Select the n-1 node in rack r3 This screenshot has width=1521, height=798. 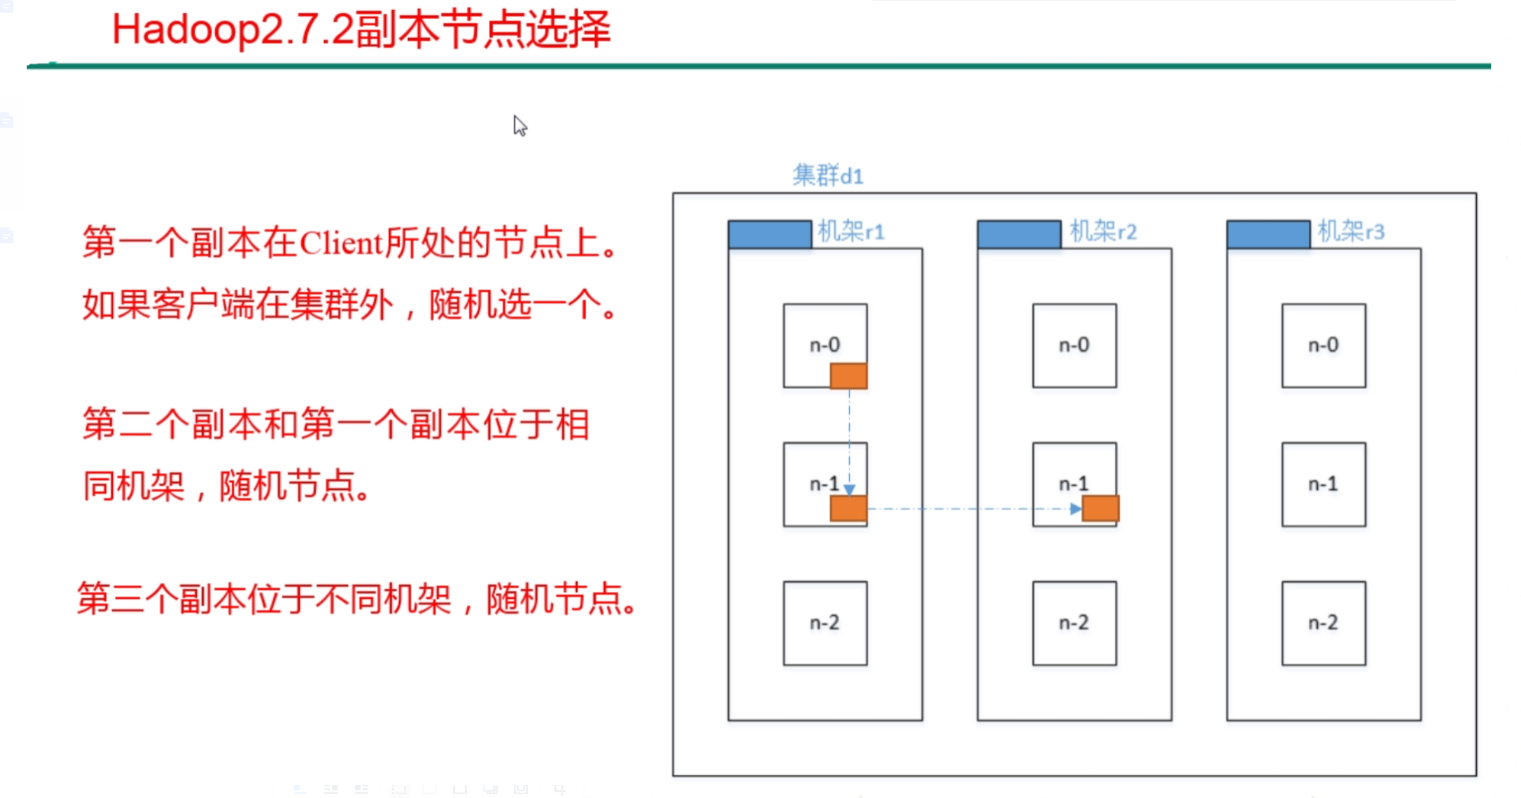(x=1323, y=484)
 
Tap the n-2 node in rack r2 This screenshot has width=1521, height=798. (x=1074, y=623)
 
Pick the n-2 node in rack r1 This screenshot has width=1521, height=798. (x=825, y=623)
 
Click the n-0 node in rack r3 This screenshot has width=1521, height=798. (x=1323, y=346)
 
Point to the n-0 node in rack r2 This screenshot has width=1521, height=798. (x=1074, y=346)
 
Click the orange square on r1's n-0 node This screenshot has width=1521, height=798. (x=848, y=376)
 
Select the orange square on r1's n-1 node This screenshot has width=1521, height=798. (x=848, y=508)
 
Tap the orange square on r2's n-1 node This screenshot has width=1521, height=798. (x=1101, y=508)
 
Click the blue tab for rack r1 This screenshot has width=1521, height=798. (x=770, y=234)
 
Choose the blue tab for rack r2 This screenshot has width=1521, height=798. (x=1019, y=234)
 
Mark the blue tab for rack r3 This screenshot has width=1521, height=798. (x=1269, y=234)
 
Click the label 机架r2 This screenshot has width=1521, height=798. (x=1103, y=231)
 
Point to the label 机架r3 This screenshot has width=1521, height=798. (x=1351, y=231)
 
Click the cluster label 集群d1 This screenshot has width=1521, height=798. (x=828, y=176)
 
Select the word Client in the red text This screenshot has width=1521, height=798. (x=341, y=243)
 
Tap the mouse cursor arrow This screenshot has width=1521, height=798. (x=519, y=125)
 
